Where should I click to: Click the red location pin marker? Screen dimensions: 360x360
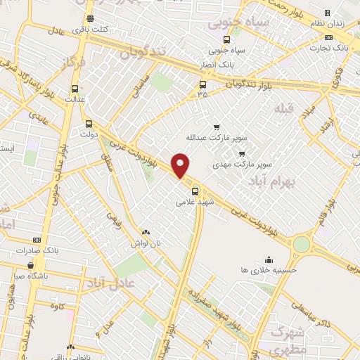pyautogui.click(x=181, y=165)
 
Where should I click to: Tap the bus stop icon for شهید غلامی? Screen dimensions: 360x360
pyautogui.click(x=195, y=189)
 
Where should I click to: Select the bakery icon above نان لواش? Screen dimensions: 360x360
pyautogui.click(x=146, y=232)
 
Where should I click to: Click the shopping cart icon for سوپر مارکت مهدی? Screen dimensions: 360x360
pyautogui.click(x=241, y=154)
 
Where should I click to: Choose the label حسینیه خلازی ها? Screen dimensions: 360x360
pyautogui.click(x=268, y=269)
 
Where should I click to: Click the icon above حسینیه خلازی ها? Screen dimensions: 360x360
pyautogui.click(x=268, y=259)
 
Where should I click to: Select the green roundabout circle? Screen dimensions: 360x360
pyautogui.click(x=302, y=243)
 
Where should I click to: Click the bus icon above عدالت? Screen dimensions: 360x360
pyautogui.click(x=75, y=89)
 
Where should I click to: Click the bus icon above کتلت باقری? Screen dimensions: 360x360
pyautogui.click(x=89, y=19)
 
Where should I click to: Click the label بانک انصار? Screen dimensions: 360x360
pyautogui.click(x=217, y=64)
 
